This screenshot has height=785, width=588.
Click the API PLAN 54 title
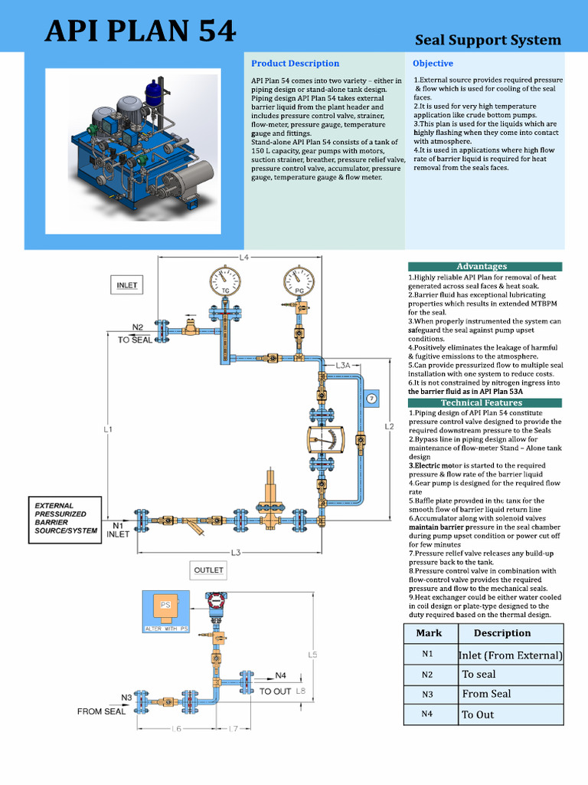pos(140,31)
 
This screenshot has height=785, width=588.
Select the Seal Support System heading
pos(488,40)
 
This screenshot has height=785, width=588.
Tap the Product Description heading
pos(295,63)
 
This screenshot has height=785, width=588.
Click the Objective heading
pos(433,63)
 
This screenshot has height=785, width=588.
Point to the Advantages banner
pos(482,266)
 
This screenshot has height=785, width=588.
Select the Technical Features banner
pos(482,402)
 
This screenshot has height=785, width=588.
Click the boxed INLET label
pos(127,284)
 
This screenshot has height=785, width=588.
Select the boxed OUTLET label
pos(208,570)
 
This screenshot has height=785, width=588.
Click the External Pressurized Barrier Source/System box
pos(65,523)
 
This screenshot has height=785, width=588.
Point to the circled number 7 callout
pos(371,399)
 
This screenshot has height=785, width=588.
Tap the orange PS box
pos(165,607)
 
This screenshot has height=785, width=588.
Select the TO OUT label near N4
pos(275,691)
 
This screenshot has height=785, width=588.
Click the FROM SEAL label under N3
pos(101,711)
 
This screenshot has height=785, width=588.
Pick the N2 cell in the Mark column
pos(427,675)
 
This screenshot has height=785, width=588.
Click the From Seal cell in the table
pos(486,694)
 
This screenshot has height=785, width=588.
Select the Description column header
pos(501,633)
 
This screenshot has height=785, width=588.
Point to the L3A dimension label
pos(342,366)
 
